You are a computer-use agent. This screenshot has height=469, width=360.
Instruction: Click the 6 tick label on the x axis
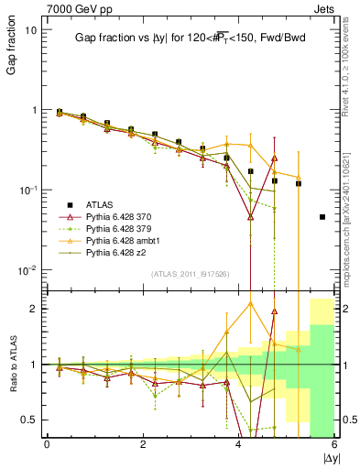pos(334,445)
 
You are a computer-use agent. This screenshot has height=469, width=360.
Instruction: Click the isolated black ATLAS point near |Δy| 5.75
pos(322,217)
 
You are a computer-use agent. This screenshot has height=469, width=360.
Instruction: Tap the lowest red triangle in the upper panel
pos(250,217)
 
